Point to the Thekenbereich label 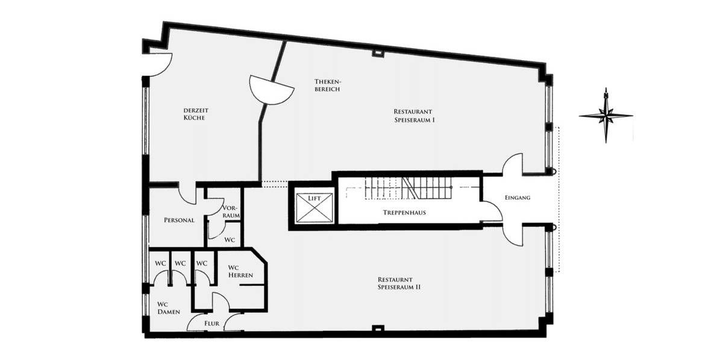coord(327,85)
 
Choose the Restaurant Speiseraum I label coord(414,116)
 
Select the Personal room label coord(179,220)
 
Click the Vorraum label coord(231,211)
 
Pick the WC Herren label coord(240,271)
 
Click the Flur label coord(211,323)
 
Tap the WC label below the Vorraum coord(230,239)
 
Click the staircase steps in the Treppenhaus coord(410,188)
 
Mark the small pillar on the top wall coord(378,54)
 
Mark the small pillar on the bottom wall coord(378,329)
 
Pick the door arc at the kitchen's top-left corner coord(160,64)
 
